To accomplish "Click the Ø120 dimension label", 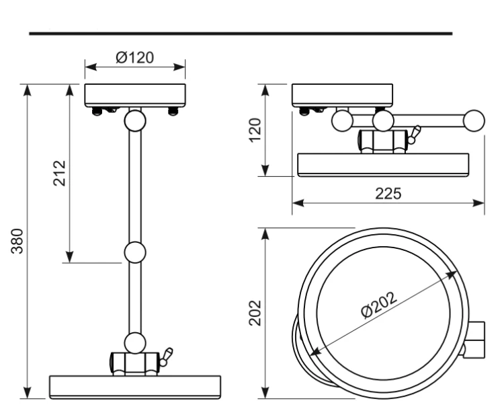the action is click(134, 57).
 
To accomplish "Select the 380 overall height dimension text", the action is click(17, 241).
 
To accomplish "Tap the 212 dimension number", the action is click(59, 173).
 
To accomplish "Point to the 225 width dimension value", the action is click(388, 194).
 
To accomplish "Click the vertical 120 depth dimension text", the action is click(255, 130).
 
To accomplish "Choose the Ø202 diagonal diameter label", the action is click(379, 305).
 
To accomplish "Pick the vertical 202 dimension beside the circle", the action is click(255, 313).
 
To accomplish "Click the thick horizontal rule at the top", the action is click(241, 34).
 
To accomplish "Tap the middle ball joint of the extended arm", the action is click(135, 252).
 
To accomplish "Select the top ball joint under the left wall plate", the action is click(135, 120).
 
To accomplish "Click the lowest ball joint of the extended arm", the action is click(135, 343).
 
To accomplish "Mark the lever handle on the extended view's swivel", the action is click(166, 357).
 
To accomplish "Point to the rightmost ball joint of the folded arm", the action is click(474, 120).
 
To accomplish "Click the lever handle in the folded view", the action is click(414, 135).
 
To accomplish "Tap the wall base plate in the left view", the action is click(135, 96).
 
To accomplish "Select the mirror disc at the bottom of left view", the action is click(135, 387).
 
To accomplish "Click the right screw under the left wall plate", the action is click(173, 111).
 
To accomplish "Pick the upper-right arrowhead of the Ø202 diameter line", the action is click(452, 274).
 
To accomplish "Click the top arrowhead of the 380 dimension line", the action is click(28, 90).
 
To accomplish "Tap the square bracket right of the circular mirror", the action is click(475, 339).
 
